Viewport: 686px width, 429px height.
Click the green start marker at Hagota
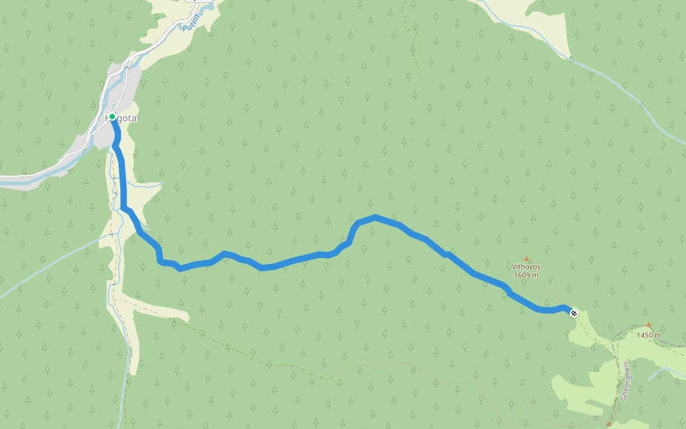(112, 117)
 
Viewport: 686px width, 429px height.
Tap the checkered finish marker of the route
(574, 312)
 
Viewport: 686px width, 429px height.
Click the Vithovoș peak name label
(526, 267)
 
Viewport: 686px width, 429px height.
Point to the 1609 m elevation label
(526, 275)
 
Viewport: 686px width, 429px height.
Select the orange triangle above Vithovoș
(527, 259)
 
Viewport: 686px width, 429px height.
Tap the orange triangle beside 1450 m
(649, 325)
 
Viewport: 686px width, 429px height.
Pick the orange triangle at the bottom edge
(609, 424)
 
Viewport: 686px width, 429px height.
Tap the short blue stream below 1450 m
(665, 371)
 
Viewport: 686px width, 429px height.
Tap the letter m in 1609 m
(537, 275)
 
